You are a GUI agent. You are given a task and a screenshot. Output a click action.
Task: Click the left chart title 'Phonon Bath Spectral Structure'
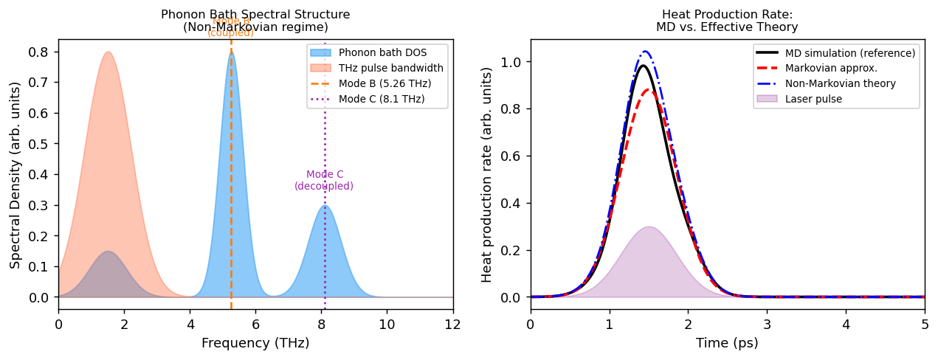[x=255, y=15]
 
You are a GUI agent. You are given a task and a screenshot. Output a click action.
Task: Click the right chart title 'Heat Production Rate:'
[x=727, y=15]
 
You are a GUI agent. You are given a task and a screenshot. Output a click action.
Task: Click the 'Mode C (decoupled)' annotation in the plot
[x=324, y=181]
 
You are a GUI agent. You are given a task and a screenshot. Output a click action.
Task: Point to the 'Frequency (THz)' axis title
[x=255, y=343]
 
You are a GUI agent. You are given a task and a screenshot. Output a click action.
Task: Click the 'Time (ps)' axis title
[x=727, y=343]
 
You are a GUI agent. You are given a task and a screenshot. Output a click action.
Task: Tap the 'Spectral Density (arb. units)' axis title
[x=15, y=174]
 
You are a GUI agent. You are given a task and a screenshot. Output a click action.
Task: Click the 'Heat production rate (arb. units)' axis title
[x=487, y=174]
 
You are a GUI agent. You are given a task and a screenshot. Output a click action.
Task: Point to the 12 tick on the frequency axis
[x=453, y=324]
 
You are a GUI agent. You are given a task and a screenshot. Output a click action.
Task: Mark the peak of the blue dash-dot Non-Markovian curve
[x=645, y=52]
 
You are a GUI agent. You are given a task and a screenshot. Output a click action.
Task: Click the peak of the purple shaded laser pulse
[x=649, y=227]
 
